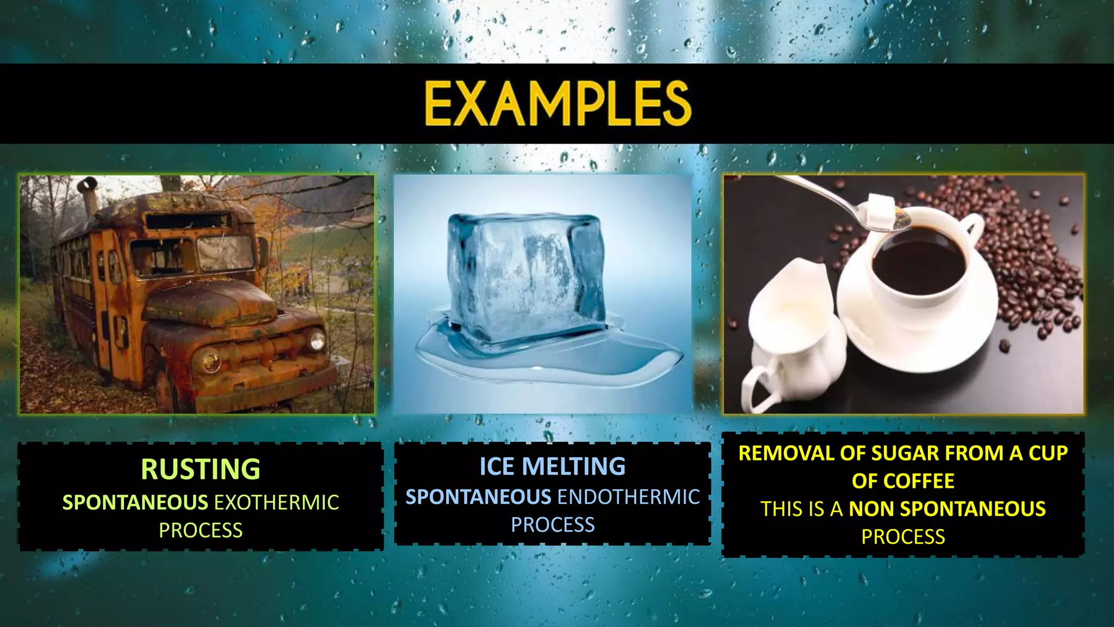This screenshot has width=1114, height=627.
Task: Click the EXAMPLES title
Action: coord(558,103)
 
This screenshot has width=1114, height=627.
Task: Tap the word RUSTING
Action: coord(201,469)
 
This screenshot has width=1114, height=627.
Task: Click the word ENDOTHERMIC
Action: coord(628,497)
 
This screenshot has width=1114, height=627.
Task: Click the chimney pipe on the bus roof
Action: coord(89,196)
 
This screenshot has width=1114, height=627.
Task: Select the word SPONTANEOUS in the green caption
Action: coord(135,502)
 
